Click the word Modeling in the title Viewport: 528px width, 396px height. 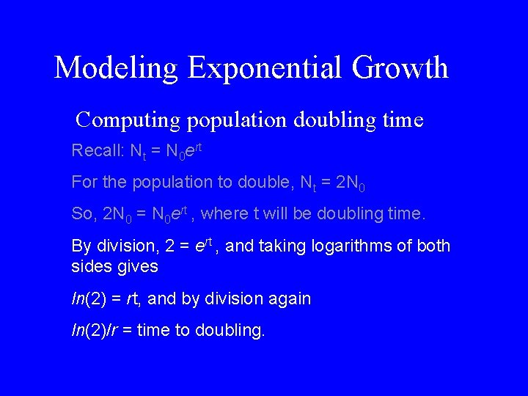coord(117,68)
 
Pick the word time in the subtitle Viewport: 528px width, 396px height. coord(403,119)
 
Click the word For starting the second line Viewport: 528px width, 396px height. coord(83,181)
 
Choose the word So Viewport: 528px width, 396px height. coord(82,214)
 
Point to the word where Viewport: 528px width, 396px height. coord(225,214)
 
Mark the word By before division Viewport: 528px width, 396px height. coord(81,246)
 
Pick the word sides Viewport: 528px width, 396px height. coord(92,265)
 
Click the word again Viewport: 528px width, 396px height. coord(290,299)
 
